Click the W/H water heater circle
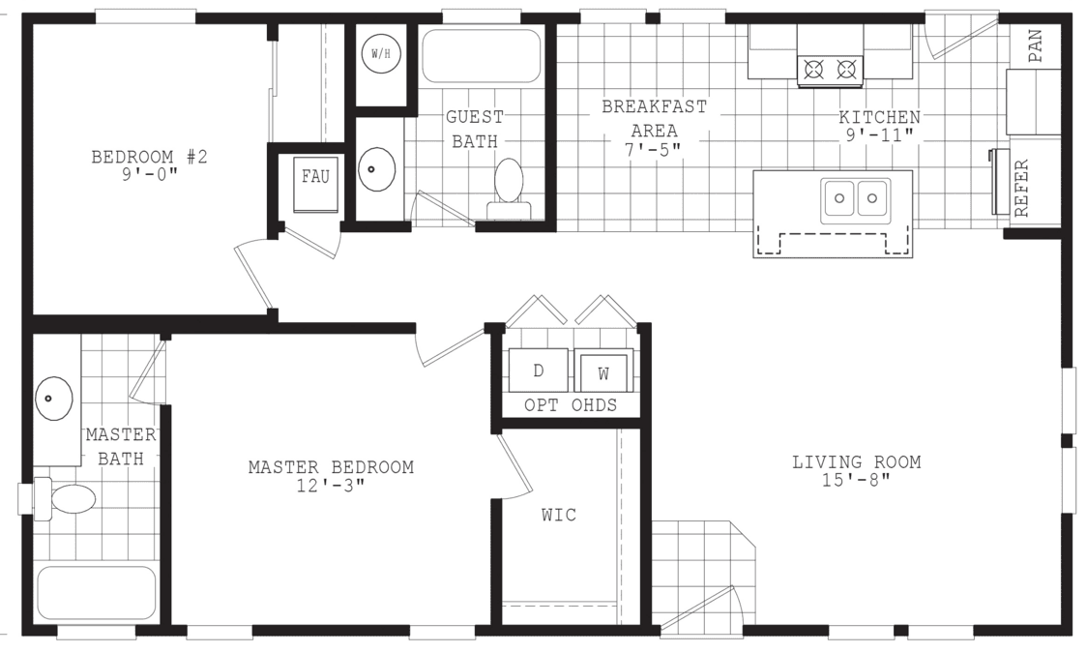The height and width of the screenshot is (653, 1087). pyautogui.click(x=380, y=54)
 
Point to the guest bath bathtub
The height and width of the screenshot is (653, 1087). pyautogui.click(x=481, y=56)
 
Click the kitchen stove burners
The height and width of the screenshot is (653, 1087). pyautogui.click(x=830, y=69)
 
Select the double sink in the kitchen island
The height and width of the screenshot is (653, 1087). pyautogui.click(x=856, y=198)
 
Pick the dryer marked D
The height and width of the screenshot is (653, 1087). pyautogui.click(x=539, y=370)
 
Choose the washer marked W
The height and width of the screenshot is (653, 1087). pyautogui.click(x=604, y=371)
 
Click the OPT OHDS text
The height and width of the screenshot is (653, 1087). pyautogui.click(x=570, y=405)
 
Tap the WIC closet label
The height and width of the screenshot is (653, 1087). pyautogui.click(x=558, y=515)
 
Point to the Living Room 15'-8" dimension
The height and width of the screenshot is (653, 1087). pyautogui.click(x=856, y=481)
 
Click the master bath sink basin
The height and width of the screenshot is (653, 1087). pyautogui.click(x=54, y=398)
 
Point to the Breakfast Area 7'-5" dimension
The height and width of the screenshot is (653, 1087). pyautogui.click(x=655, y=149)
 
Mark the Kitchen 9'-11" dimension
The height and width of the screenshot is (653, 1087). pyautogui.click(x=879, y=135)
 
